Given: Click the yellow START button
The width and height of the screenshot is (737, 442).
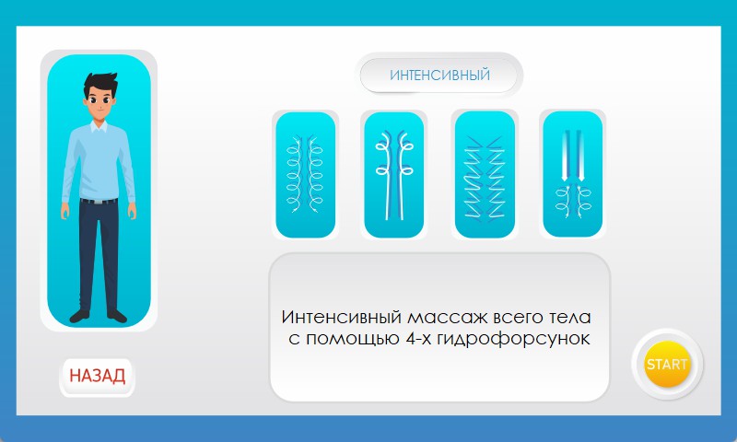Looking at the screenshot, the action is (667, 365).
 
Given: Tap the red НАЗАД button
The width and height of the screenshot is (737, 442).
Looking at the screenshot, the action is (98, 376).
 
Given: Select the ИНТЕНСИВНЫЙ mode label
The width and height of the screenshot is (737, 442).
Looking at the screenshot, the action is (439, 76).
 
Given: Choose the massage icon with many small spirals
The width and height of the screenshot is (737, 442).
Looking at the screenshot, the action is (305, 175).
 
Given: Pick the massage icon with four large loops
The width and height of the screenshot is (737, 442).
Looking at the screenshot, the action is (394, 175).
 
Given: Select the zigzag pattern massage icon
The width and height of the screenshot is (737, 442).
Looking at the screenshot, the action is (485, 175).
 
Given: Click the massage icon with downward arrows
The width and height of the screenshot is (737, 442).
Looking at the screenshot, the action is (572, 174).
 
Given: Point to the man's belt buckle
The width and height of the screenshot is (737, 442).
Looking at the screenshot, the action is (98, 202).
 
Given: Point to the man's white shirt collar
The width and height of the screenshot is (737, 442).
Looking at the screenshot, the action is (99, 127).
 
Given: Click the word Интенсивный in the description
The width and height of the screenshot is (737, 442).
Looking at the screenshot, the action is (342, 317).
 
